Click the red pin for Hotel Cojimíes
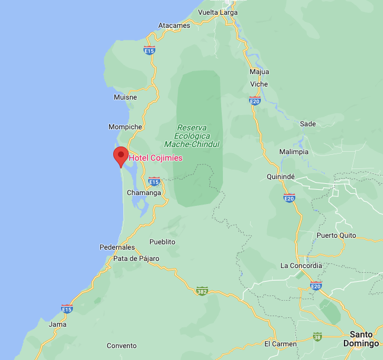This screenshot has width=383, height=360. [121, 156]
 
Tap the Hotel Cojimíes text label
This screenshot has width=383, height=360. [156, 158]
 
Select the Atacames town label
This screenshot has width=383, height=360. [174, 26]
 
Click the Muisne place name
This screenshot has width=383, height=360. [125, 97]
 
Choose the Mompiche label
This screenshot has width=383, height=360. [125, 127]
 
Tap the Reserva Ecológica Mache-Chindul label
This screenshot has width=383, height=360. [191, 136]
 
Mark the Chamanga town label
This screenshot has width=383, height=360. [144, 193]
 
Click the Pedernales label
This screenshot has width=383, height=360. [117, 247]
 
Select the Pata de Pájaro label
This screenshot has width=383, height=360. [136, 258]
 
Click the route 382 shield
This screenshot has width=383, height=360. [202, 291]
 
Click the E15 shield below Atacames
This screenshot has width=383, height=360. [149, 51]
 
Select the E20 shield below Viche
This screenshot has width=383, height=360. [255, 101]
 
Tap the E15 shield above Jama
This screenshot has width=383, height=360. [67, 308]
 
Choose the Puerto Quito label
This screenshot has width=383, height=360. [336, 235]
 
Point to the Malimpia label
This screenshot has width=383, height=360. [294, 151]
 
